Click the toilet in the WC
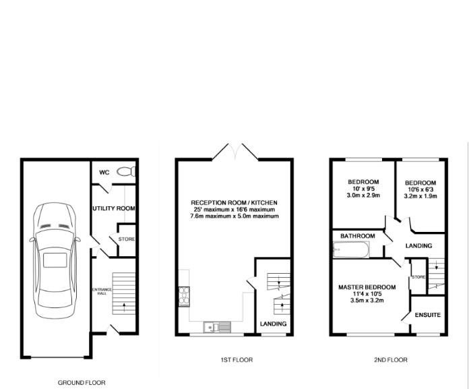click(x=126, y=172)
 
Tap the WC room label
click(x=104, y=173)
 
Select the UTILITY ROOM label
click(x=114, y=208)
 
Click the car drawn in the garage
click(x=55, y=260)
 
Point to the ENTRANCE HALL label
click(x=102, y=291)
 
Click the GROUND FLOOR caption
click(x=82, y=383)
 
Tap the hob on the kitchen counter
click(x=184, y=297)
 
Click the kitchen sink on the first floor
click(x=218, y=327)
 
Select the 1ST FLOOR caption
click(x=237, y=360)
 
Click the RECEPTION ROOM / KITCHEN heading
click(x=234, y=202)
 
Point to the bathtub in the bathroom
click(x=351, y=249)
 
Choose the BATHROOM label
click(x=357, y=236)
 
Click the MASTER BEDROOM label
click(x=367, y=287)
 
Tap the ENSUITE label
click(x=428, y=315)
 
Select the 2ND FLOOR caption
click(x=391, y=360)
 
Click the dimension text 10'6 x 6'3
click(x=420, y=189)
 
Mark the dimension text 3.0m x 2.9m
click(x=363, y=196)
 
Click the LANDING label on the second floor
click(x=418, y=245)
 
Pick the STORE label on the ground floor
click(x=127, y=239)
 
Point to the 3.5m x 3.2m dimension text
click(x=367, y=300)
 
